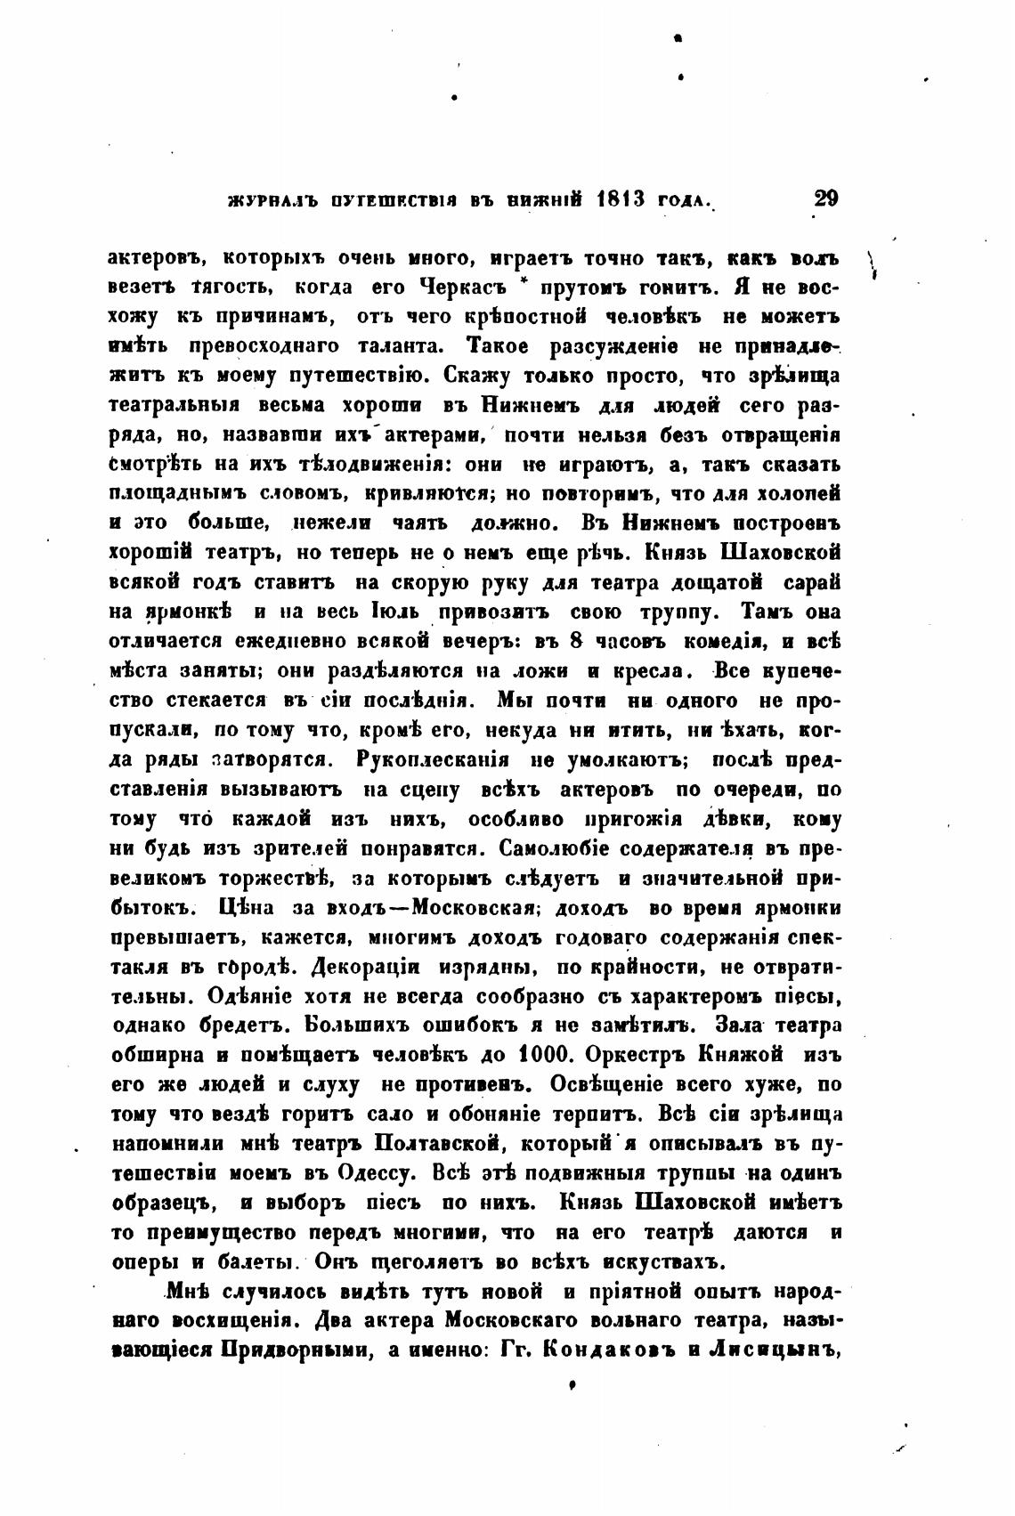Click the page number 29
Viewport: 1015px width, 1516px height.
click(x=825, y=199)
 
